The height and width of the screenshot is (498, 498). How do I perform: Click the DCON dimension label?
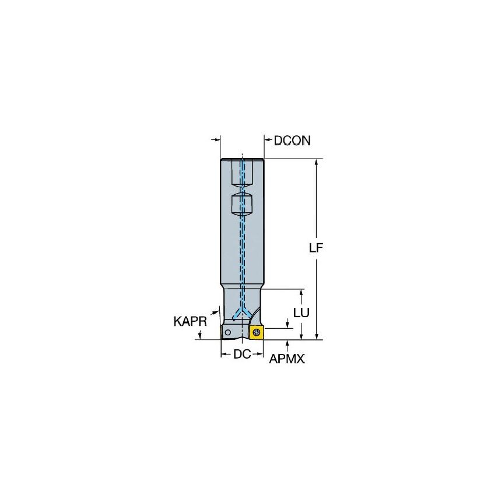[x=292, y=141]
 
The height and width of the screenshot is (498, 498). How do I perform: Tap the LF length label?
[x=316, y=248]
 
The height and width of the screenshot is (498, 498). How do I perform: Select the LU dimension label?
[x=301, y=312]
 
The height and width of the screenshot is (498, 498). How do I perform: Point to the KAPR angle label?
[x=190, y=321]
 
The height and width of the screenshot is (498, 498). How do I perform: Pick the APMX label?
[x=286, y=360]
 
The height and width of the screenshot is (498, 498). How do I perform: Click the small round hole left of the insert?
[x=228, y=332]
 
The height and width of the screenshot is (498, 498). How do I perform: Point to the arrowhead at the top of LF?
[x=317, y=162]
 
